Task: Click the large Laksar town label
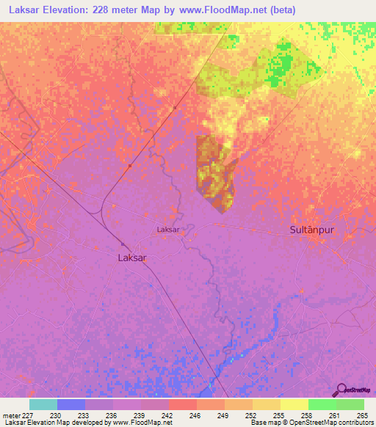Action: click(x=132, y=258)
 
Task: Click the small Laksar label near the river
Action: click(x=168, y=230)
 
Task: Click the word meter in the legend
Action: click(x=10, y=415)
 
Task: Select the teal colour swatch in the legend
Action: click(x=43, y=404)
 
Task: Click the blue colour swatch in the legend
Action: click(x=71, y=404)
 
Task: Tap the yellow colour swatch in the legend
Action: click(x=294, y=404)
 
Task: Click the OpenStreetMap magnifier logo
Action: click(x=341, y=390)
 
